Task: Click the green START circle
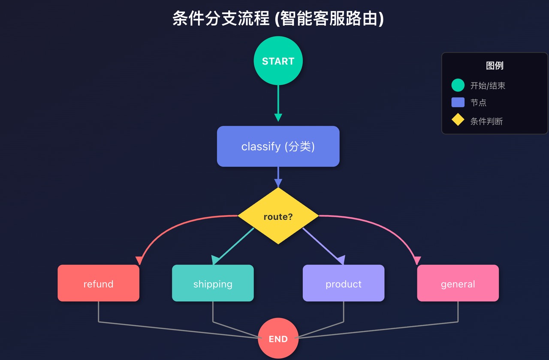point(278,61)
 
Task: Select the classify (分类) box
point(278,146)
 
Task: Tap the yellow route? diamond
point(278,216)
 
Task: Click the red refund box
point(98,283)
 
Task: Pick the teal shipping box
point(213,283)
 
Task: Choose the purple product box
point(343,283)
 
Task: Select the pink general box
point(458,283)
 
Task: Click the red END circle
point(278,339)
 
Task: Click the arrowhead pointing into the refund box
point(139,260)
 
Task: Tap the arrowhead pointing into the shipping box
point(216,260)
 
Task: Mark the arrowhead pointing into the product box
point(341,260)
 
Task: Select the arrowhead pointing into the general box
point(417,260)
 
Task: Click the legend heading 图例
point(495,66)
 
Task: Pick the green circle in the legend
point(458,85)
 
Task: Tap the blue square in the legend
point(458,102)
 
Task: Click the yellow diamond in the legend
point(458,120)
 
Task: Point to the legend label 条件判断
point(486,121)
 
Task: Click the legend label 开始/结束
point(488,86)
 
